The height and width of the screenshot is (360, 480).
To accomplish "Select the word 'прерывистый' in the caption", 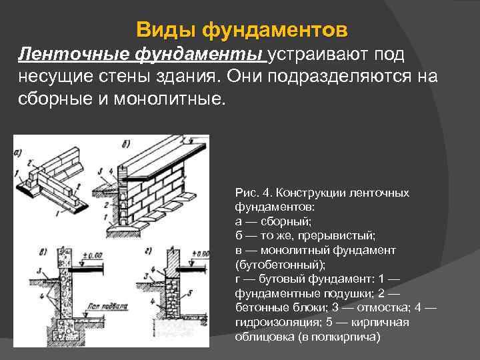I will pyautogui.click(x=342, y=235).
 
